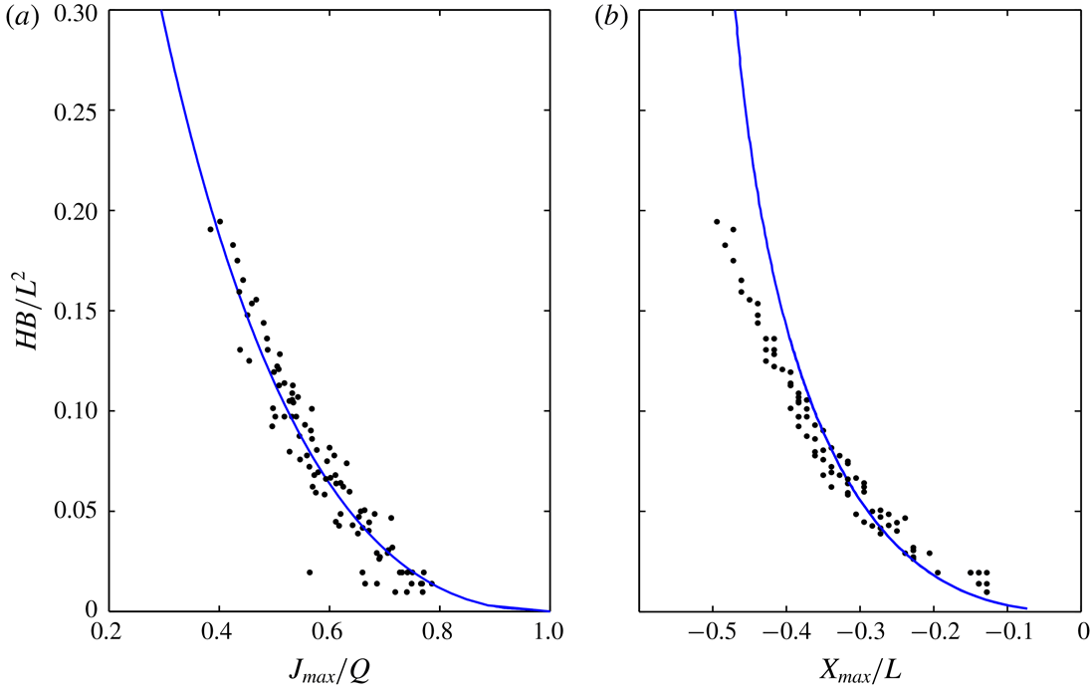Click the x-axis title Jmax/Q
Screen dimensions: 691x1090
tap(328, 668)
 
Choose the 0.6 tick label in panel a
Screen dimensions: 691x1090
tap(328, 631)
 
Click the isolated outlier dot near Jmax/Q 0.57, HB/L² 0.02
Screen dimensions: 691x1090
tap(310, 573)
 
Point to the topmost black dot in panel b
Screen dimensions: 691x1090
tap(717, 222)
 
